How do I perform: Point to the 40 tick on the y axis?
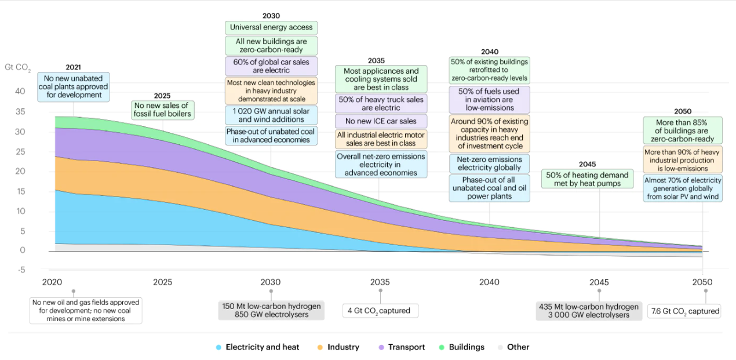[x=20, y=91]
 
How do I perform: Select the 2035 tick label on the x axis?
[x=380, y=282]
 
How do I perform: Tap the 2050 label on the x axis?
[x=702, y=282]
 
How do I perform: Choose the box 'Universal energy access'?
[x=271, y=27]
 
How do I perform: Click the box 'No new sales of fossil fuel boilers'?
[x=162, y=110]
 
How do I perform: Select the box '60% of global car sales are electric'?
[x=271, y=66]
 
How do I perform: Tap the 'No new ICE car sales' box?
[x=381, y=121]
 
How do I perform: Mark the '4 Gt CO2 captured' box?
[x=380, y=311]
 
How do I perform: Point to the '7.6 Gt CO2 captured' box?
[x=685, y=311]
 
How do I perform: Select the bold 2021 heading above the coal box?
[x=74, y=67]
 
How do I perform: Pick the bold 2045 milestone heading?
[x=587, y=164]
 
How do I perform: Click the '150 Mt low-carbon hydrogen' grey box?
[x=271, y=311]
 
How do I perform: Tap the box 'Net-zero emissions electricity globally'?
[x=489, y=163]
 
